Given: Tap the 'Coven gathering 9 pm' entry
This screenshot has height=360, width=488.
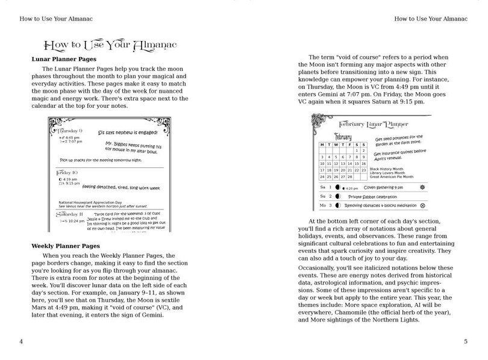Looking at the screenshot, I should (383, 187).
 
